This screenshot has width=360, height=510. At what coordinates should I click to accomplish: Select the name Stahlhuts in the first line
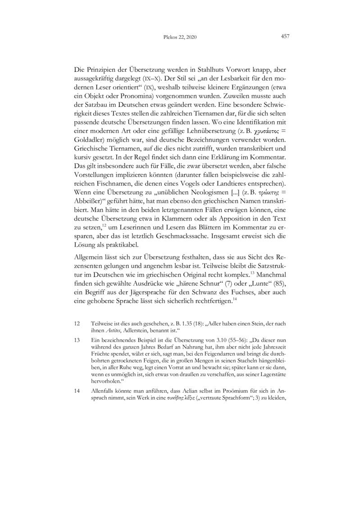point(196,71)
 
